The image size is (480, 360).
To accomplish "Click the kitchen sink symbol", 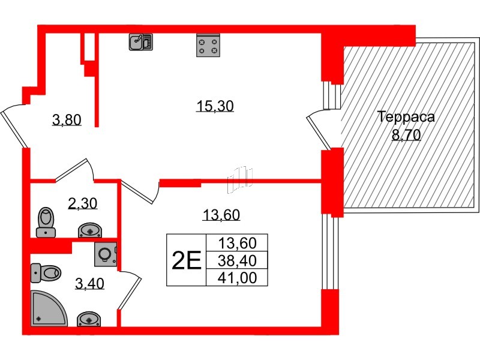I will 141,41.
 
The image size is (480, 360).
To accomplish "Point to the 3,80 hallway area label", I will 67,121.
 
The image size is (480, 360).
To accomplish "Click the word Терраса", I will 406,117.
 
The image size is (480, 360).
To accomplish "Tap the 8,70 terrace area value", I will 406,135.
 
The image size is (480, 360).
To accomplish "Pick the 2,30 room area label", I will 83,205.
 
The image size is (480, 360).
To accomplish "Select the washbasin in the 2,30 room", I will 91,230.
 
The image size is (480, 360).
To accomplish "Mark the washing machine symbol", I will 106,254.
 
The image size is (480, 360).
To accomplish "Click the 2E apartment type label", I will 185,260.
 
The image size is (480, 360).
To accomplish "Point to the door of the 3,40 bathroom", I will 131,288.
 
